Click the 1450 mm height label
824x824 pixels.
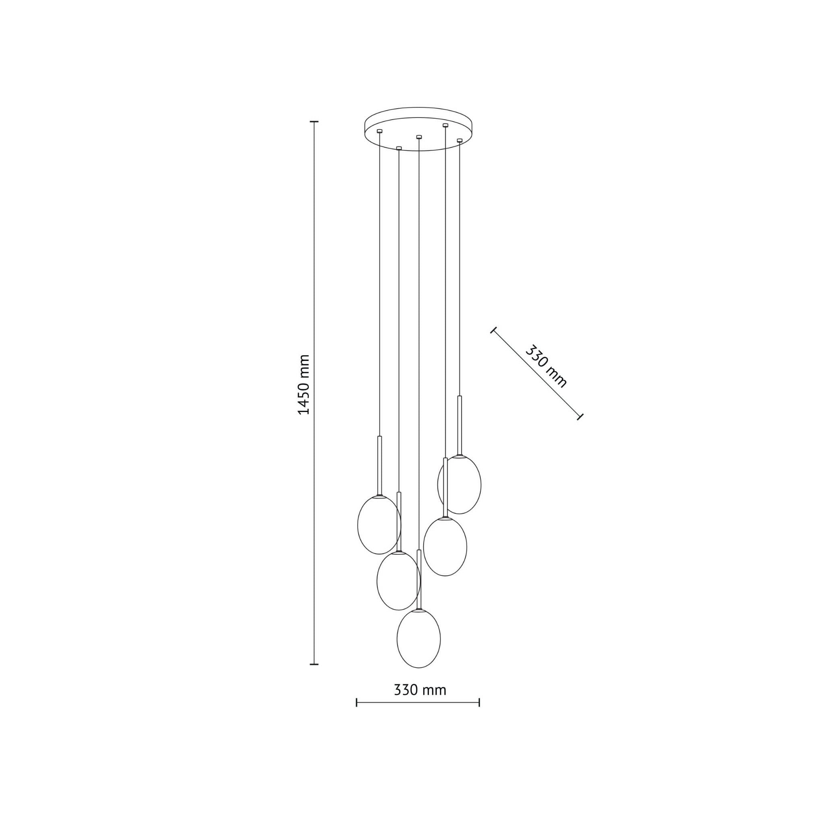304,384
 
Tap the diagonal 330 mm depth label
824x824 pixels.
546,367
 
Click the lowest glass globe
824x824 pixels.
418,639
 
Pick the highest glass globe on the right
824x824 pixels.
459,484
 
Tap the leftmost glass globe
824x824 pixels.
379,525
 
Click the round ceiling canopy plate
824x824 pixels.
419,129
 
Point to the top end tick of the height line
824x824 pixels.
314,122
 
